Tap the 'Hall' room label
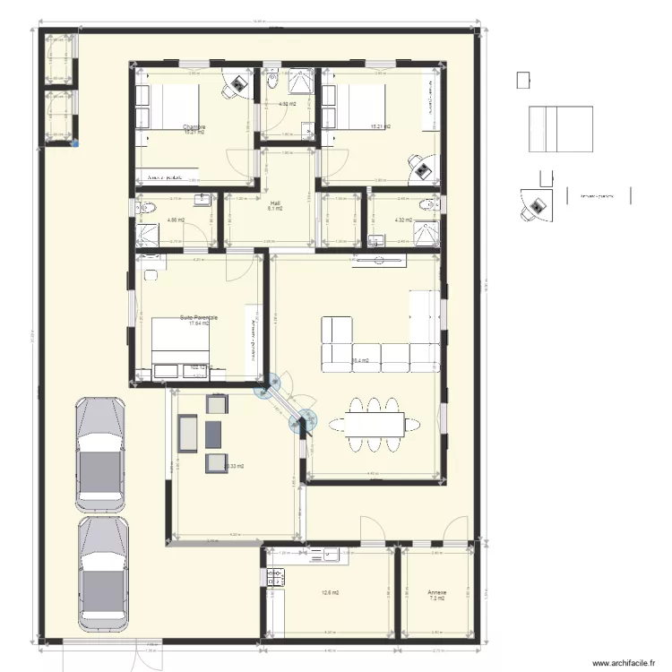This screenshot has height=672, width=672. tap(275, 202)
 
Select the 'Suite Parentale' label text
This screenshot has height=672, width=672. tap(199, 317)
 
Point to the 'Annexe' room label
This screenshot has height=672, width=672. tap(436, 592)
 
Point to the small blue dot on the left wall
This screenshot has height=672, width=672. tap(75, 142)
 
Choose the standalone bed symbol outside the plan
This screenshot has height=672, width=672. tap(561, 131)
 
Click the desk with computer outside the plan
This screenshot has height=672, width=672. tap(536, 205)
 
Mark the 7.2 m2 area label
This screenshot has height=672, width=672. tap(436, 599)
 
